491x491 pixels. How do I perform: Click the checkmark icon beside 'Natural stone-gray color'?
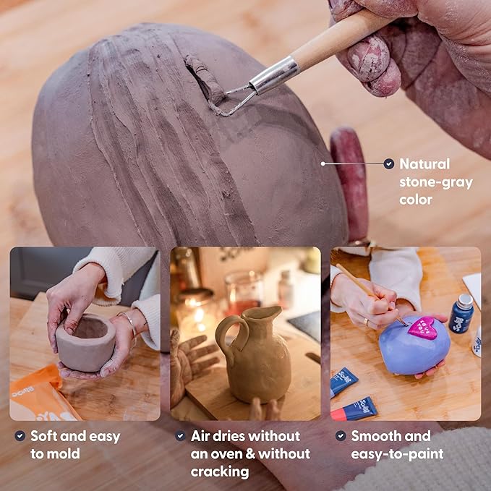(x=389, y=164)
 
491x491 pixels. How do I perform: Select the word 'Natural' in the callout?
(x=424, y=164)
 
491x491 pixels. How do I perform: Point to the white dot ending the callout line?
(x=323, y=163)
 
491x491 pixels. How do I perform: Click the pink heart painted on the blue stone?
(x=422, y=327)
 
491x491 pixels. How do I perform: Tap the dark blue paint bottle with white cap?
(x=461, y=314)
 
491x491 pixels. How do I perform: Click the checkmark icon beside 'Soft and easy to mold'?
(x=20, y=436)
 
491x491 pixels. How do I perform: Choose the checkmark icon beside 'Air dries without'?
(x=180, y=436)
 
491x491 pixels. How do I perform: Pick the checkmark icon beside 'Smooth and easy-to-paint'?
(x=341, y=436)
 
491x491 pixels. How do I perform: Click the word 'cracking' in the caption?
(x=219, y=471)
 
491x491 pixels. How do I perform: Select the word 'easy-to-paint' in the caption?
(x=396, y=454)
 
